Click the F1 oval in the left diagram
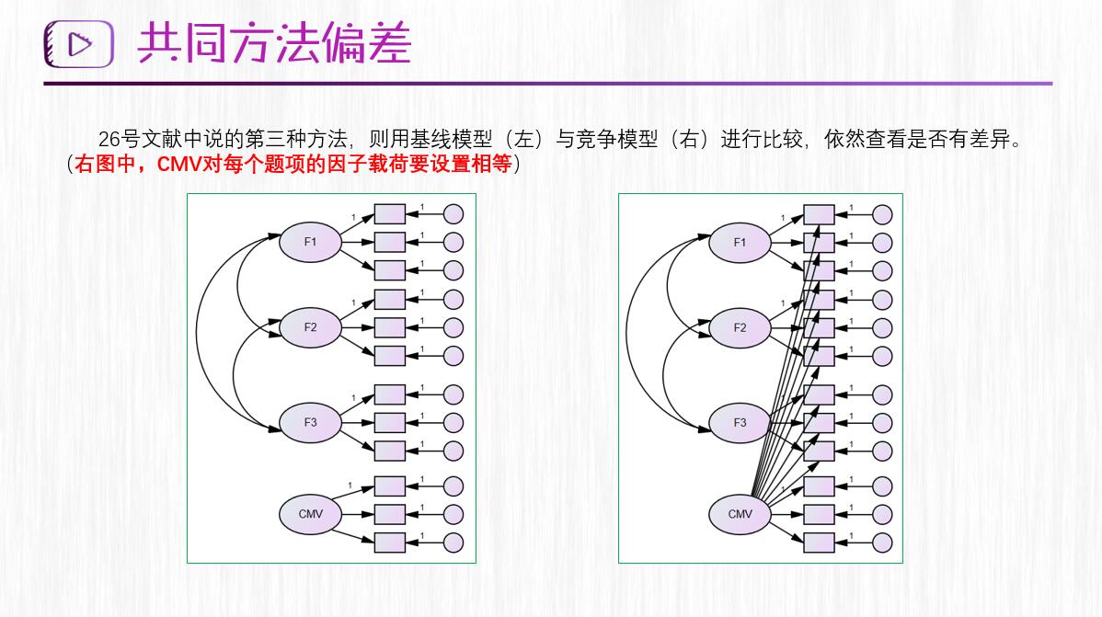(x=310, y=242)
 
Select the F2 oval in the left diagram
(x=310, y=327)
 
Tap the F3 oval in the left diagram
(x=310, y=422)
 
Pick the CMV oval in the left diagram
(x=310, y=513)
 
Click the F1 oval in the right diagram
(x=740, y=243)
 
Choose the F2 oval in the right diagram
(x=740, y=327)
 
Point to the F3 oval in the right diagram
(x=740, y=423)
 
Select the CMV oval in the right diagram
(x=740, y=514)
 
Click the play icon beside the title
(x=79, y=44)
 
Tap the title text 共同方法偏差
(x=274, y=43)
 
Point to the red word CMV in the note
(x=178, y=165)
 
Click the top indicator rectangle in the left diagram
(x=390, y=214)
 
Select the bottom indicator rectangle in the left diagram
(x=390, y=542)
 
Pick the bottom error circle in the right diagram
(x=882, y=542)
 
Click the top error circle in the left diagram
(x=453, y=214)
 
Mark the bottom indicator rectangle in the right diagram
(x=819, y=542)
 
